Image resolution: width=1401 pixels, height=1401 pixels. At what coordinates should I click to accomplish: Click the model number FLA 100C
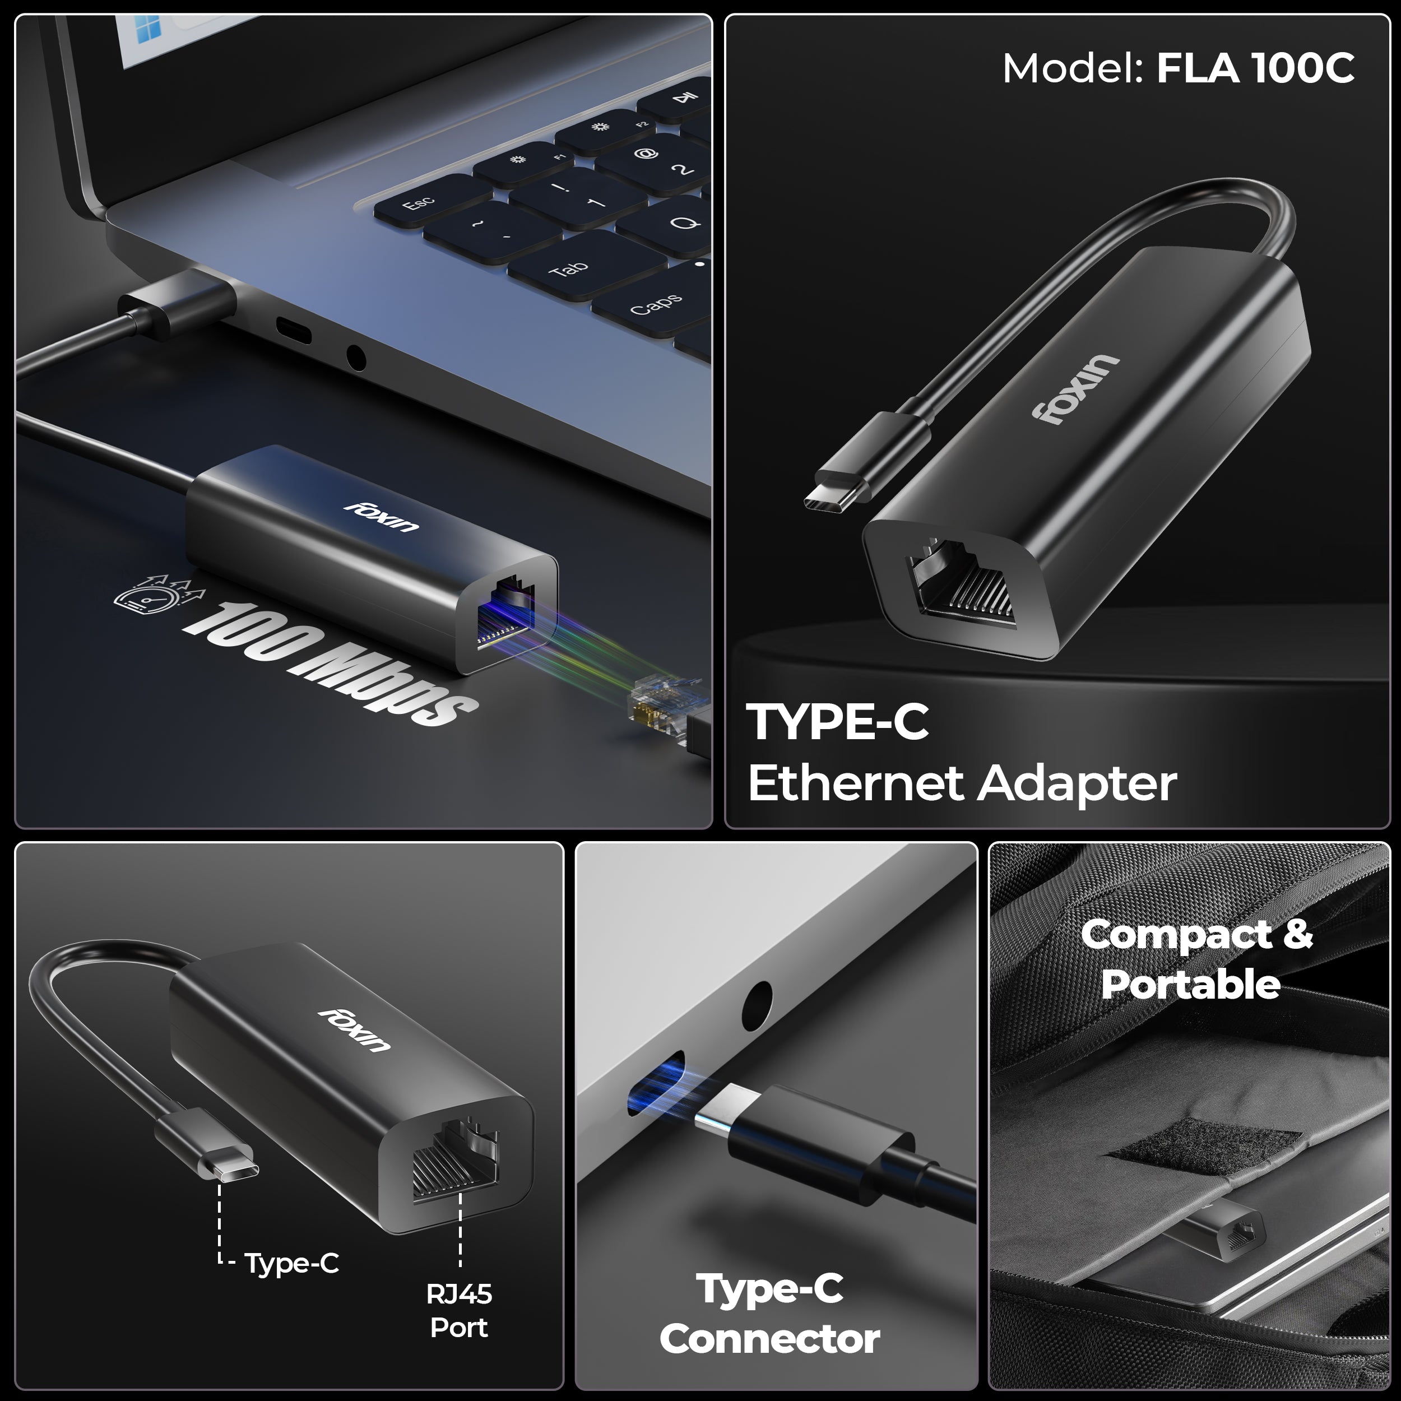click(1255, 69)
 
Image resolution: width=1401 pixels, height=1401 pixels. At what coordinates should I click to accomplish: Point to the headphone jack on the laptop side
click(355, 358)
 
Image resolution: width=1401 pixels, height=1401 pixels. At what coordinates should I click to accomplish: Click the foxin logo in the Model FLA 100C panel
click(1076, 389)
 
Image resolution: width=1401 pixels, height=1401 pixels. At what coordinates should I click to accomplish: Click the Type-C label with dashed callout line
click(291, 1263)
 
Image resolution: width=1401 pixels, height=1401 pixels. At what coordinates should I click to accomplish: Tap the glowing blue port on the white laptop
click(657, 1085)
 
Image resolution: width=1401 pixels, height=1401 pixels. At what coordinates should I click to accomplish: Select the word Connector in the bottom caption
click(769, 1339)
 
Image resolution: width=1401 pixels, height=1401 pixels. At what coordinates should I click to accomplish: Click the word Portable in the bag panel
click(1191, 984)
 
